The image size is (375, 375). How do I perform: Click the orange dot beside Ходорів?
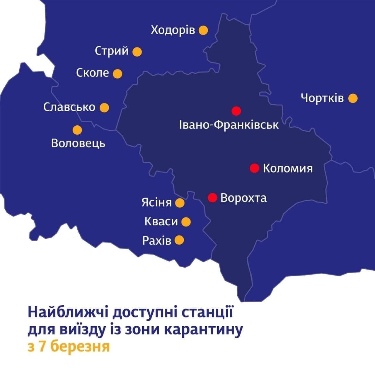point(203,30)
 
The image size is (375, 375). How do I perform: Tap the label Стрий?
point(112,51)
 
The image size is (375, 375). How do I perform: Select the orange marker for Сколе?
point(117,74)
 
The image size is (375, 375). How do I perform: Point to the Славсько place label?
point(69,107)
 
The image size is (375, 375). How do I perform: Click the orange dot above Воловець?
point(77,130)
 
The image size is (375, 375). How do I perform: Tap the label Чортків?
point(322,98)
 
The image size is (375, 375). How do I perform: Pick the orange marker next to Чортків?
point(353,98)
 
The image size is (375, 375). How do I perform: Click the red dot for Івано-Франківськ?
point(236,111)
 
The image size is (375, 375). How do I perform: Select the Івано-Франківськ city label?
point(229,125)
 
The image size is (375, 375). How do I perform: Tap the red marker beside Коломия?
point(254,168)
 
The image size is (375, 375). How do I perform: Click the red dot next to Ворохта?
point(212,198)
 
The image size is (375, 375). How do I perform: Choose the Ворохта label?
point(243,198)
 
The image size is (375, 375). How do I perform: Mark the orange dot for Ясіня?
point(180,203)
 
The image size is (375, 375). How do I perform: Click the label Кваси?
point(161,221)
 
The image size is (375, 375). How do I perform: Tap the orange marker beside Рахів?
point(179,240)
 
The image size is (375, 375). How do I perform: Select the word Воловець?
point(78,144)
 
